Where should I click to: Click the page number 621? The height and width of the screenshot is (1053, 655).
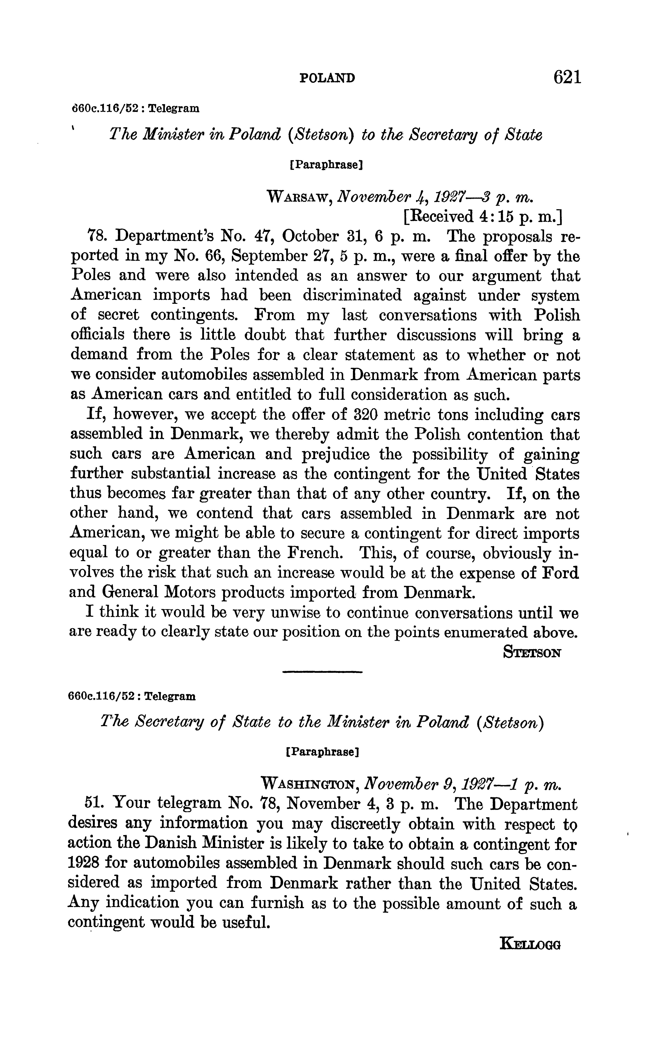[x=567, y=78]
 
